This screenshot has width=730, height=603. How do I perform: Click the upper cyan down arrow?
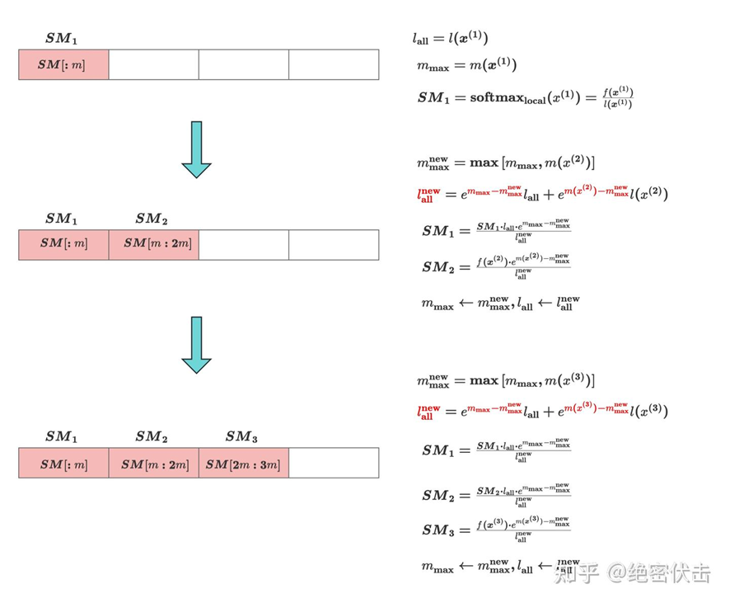coord(197,149)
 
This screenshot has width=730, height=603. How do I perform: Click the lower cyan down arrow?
coord(197,344)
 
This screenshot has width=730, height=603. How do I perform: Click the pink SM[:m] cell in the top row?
coord(63,64)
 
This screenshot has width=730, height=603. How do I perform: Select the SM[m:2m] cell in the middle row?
coord(153,244)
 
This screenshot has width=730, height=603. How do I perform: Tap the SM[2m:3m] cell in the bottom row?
coord(243,464)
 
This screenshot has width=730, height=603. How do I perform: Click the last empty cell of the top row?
coord(333,64)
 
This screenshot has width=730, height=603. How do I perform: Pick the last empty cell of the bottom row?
coord(333,464)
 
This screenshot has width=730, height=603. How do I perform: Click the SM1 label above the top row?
coord(62,38)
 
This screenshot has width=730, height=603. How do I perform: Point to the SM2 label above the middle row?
coord(152,219)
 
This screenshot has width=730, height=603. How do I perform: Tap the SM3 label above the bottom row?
coord(241,436)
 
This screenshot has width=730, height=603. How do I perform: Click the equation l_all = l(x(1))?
coord(451,38)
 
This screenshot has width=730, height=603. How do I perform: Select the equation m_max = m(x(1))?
coord(466,65)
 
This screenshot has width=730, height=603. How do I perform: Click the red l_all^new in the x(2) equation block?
coord(429,195)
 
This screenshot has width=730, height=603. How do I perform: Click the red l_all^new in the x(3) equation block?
coord(429,412)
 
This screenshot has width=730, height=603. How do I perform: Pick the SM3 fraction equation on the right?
coord(494,530)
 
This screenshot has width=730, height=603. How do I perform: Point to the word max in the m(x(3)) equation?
coord(484,381)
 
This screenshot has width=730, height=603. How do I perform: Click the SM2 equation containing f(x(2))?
coord(494,266)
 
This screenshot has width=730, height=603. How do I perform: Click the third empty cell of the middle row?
coord(243,244)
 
